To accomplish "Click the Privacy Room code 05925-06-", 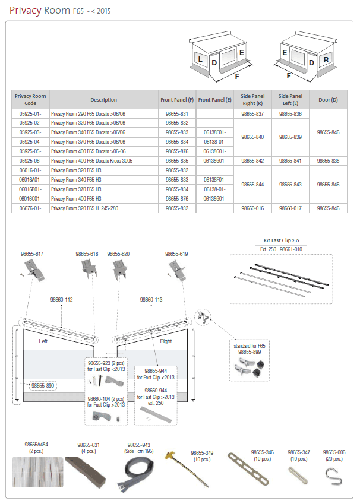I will [x=30, y=160].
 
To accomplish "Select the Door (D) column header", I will [x=328, y=99].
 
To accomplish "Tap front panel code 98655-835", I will [x=176, y=160].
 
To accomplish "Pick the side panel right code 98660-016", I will [x=252, y=208].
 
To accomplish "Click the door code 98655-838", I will [x=328, y=160].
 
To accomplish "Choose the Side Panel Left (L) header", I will [x=290, y=99].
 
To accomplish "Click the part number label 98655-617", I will [x=32, y=253].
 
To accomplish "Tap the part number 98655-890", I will [x=43, y=385].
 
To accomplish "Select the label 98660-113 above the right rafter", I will [x=151, y=300].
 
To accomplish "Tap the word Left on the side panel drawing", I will [x=43, y=341].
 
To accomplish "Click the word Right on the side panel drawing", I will [x=166, y=341].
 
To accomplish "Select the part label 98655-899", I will [x=250, y=351].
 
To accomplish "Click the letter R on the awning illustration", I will [x=326, y=60].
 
